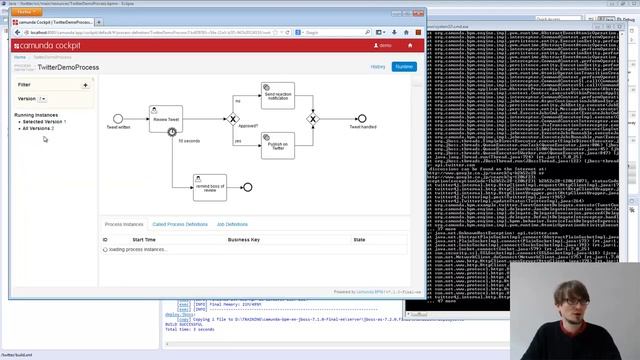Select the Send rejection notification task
coord(277,95)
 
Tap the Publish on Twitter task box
coord(277,145)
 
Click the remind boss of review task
coord(209,186)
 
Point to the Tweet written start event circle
coord(118,119)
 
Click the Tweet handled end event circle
coord(362,119)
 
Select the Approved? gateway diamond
coord(234,119)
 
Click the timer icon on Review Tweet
coord(172,132)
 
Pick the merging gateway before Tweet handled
coord(312,119)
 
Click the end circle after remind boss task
coord(247,187)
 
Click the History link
coord(378,66)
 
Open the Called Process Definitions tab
coord(180,224)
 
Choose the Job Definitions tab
coord(232,224)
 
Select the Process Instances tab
coord(124,224)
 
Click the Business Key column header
coord(244,240)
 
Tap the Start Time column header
coord(144,240)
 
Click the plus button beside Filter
coord(85,85)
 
